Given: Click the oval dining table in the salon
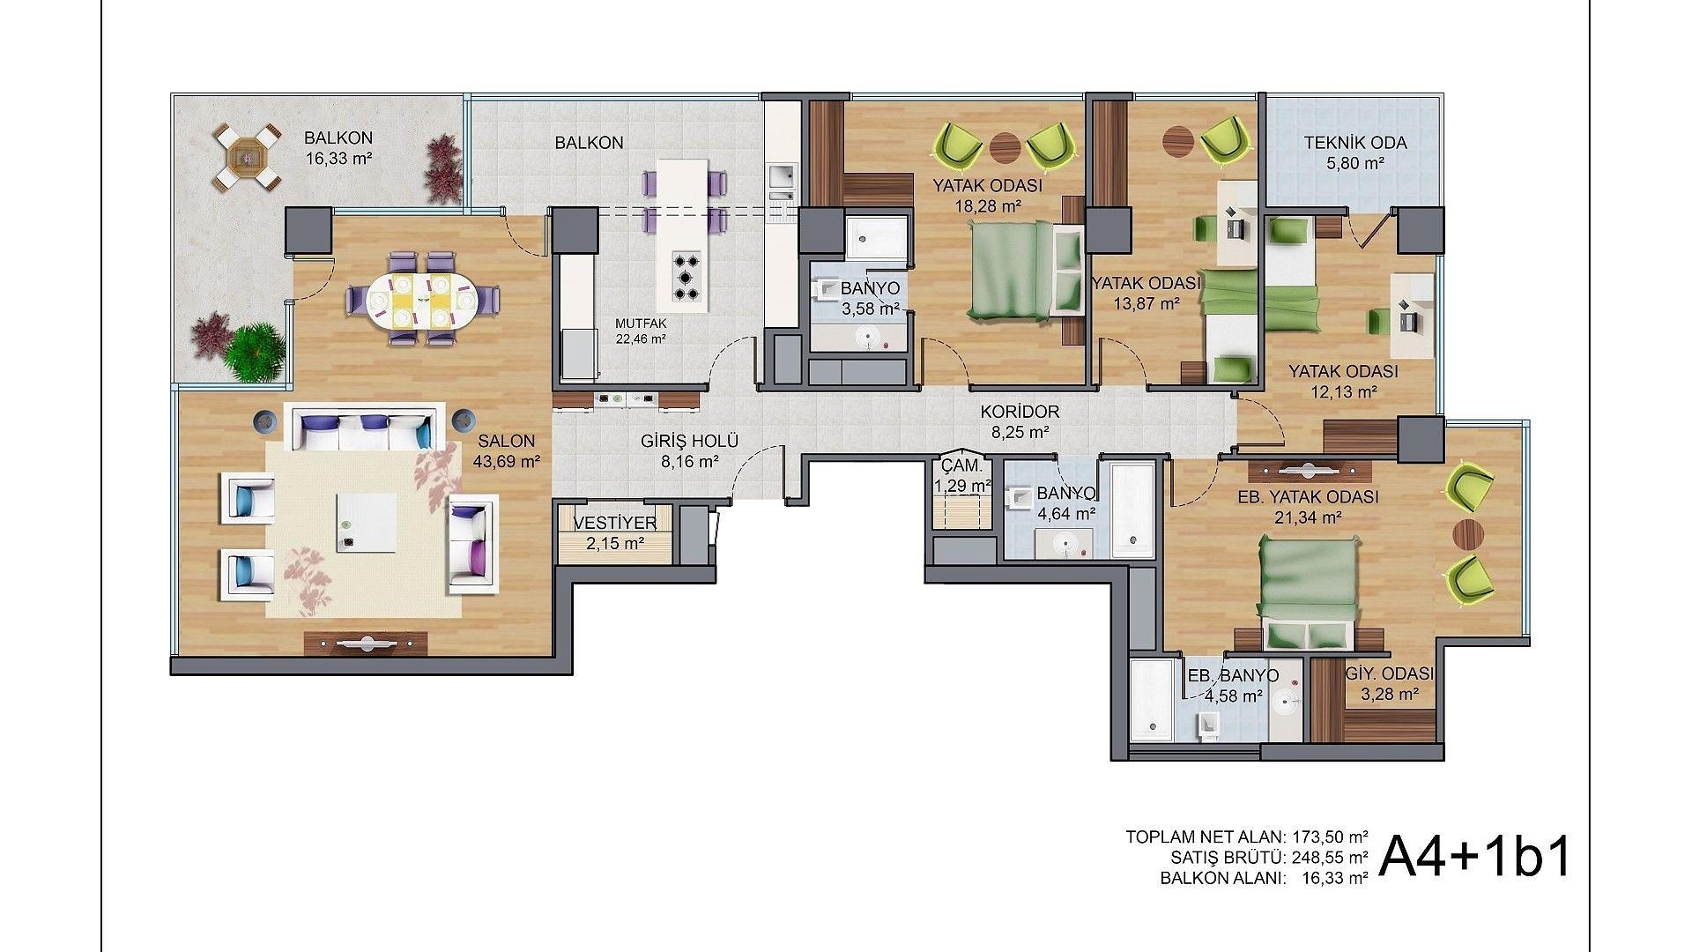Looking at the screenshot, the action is (421, 300).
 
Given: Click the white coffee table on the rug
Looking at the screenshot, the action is (365, 521).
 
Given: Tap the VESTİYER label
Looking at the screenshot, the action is (614, 524).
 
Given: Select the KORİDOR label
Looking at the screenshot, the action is (1020, 412).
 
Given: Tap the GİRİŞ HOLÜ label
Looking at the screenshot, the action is (689, 442).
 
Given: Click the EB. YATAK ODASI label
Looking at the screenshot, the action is (1308, 497).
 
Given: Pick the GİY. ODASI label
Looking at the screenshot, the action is (1390, 674).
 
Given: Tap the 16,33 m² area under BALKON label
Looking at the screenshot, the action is (338, 160).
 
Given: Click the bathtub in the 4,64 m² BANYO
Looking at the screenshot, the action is (1131, 509).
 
